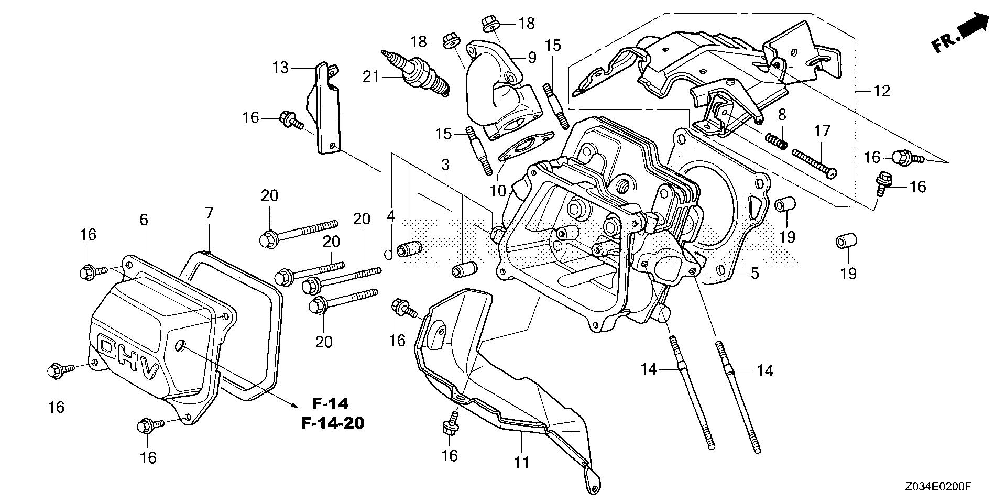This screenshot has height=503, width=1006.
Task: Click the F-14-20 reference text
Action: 332,422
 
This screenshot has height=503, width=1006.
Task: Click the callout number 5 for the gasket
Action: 754,272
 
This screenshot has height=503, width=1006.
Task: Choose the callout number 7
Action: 209,213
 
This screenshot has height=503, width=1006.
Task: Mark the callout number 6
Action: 143,221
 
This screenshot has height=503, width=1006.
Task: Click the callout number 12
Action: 882,91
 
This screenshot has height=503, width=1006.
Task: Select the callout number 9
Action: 532,57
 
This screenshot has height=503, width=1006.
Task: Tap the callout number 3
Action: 445,165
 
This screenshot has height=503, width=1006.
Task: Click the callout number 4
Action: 390,215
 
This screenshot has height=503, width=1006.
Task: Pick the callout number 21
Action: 371,78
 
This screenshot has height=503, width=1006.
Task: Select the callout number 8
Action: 781,114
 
